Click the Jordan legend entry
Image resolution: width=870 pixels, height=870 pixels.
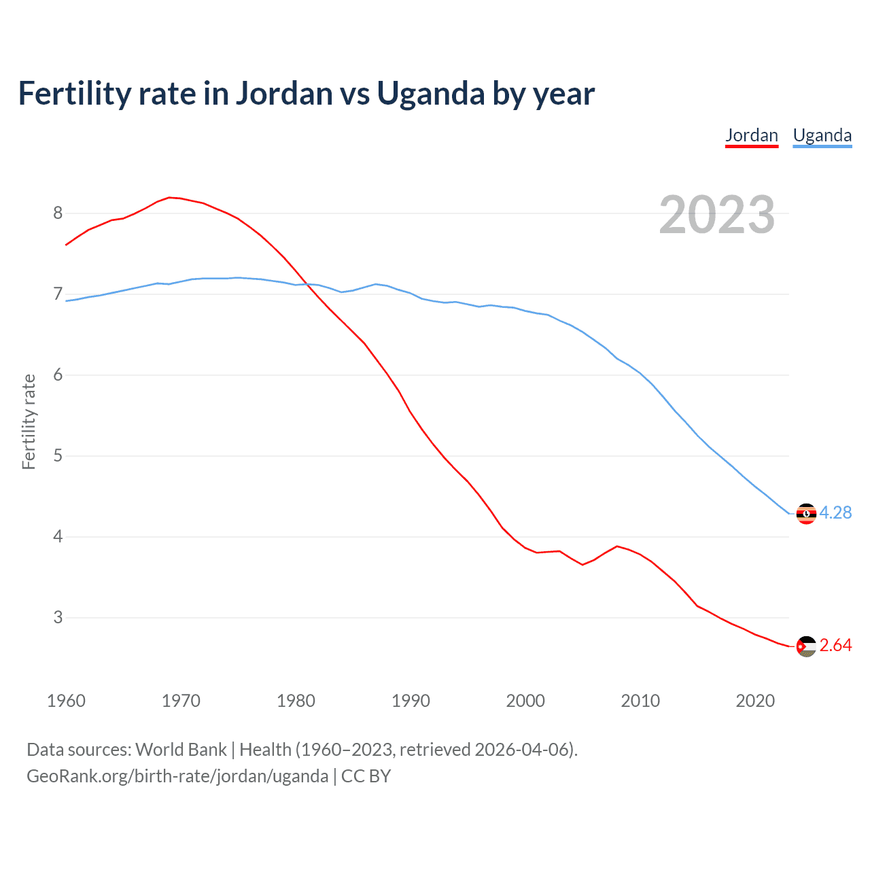pyautogui.click(x=751, y=135)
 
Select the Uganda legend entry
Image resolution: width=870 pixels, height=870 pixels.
pyautogui.click(x=822, y=135)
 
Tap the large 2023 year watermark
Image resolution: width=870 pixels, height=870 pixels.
pyautogui.click(x=716, y=215)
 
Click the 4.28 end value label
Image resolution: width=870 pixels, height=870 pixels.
pyautogui.click(x=835, y=512)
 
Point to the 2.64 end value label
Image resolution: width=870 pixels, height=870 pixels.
pyautogui.click(x=835, y=645)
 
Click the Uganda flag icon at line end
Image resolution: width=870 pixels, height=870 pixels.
pyautogui.click(x=806, y=514)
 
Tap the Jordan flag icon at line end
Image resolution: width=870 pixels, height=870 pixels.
pyautogui.click(x=806, y=646)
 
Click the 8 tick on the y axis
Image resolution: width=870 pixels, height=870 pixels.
pyautogui.click(x=58, y=213)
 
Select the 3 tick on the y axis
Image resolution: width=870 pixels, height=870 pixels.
pyautogui.click(x=58, y=617)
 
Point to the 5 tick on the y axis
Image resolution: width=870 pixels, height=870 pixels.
pyautogui.click(x=58, y=455)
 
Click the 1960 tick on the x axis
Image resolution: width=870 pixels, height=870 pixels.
pyautogui.click(x=66, y=701)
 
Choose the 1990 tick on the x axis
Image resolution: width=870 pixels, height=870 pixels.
pyautogui.click(x=411, y=701)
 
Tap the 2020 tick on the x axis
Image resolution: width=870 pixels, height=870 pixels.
pyautogui.click(x=755, y=701)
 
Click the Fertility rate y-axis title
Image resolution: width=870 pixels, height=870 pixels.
pyautogui.click(x=29, y=421)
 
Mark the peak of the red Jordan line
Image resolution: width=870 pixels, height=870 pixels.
pyautogui.click(x=170, y=197)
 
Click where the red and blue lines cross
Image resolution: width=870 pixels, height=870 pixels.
pyautogui.click(x=305, y=284)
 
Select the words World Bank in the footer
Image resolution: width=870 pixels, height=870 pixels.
pyautogui.click(x=181, y=750)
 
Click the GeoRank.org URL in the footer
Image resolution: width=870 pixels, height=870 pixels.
pyautogui.click(x=177, y=776)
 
